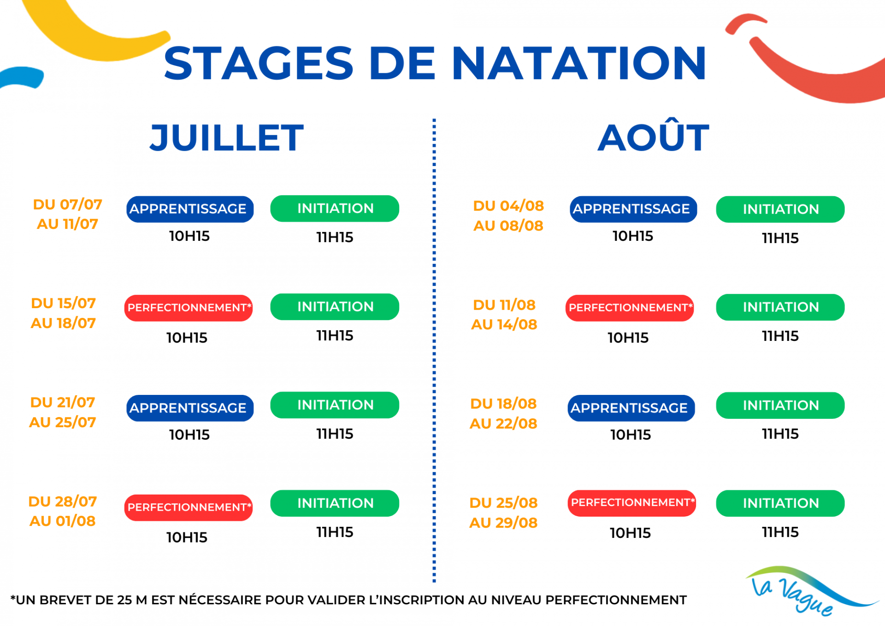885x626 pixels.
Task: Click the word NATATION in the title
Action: (579, 63)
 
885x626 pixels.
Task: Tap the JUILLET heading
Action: (227, 137)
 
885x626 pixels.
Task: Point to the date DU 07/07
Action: (68, 204)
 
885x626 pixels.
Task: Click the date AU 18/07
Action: (63, 323)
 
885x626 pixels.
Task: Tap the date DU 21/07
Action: (63, 402)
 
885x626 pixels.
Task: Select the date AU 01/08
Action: (63, 521)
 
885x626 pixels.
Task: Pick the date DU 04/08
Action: (508, 206)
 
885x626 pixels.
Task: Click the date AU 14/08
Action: (504, 324)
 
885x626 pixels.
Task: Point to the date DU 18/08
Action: (503, 404)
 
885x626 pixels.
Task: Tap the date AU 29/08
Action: (503, 523)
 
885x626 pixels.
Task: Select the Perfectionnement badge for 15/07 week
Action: (189, 308)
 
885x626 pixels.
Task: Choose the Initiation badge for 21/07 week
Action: (335, 405)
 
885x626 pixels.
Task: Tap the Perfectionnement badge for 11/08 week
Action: (630, 308)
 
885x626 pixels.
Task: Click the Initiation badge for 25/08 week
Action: (780, 503)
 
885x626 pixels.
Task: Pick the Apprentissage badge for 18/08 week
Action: (631, 408)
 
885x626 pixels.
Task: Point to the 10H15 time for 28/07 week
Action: (187, 537)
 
